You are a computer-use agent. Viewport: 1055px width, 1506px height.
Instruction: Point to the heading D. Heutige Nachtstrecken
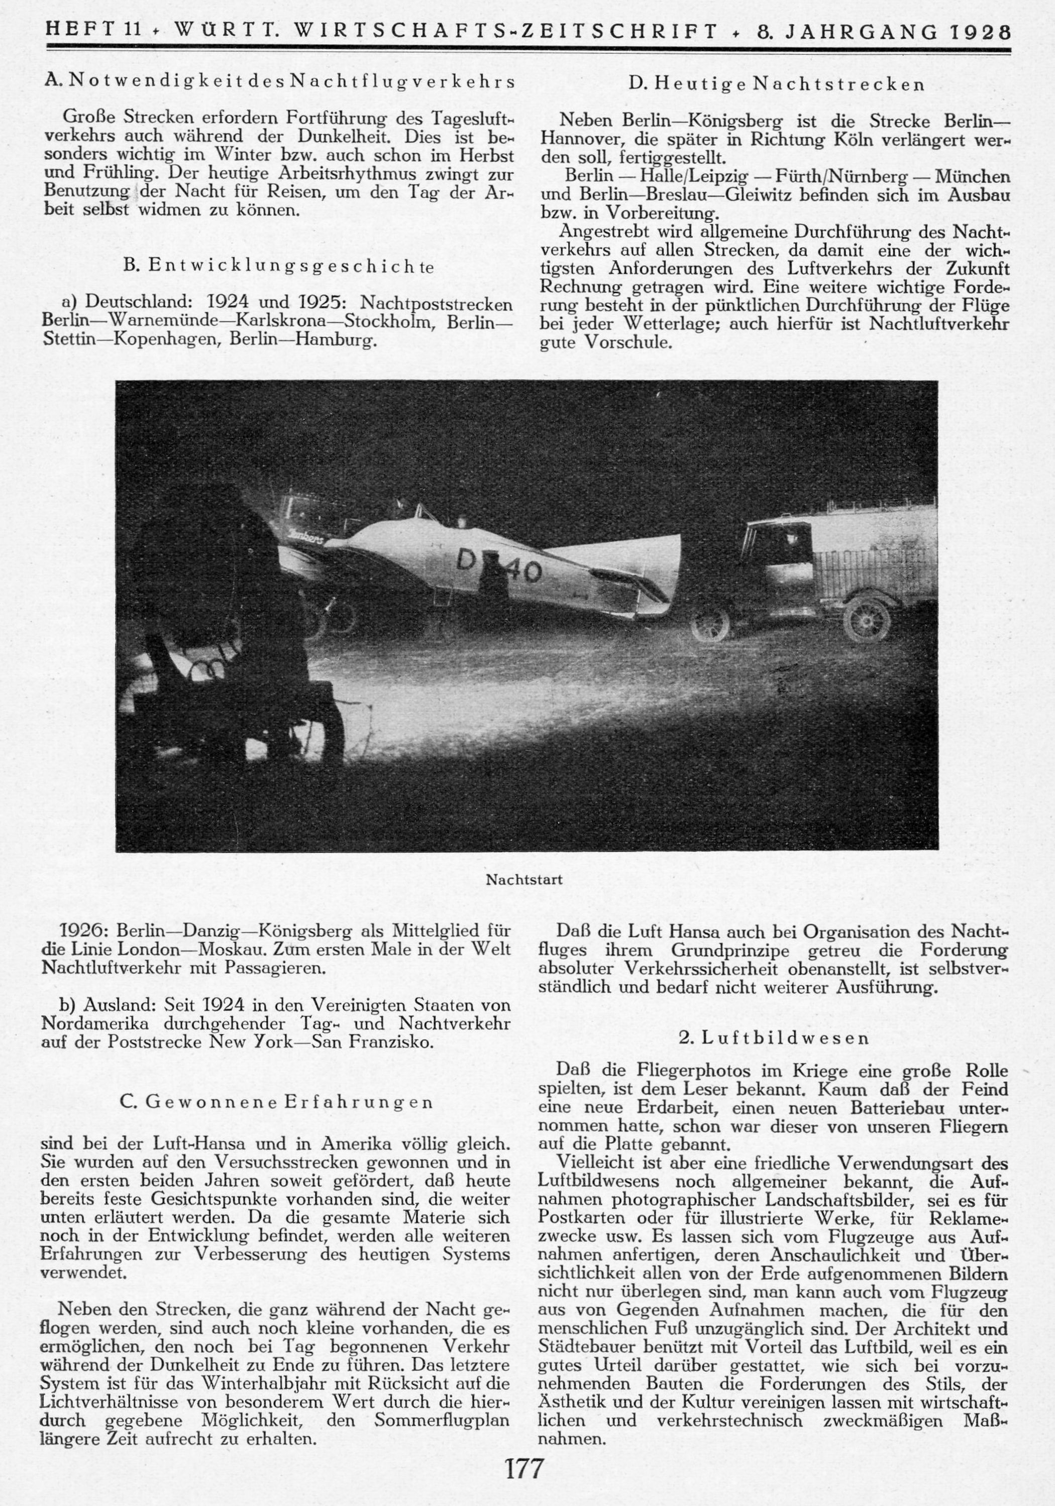[x=776, y=84]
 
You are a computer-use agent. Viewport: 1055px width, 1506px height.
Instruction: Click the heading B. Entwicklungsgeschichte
[x=278, y=266]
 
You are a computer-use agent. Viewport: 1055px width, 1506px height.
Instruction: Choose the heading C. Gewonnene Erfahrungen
[x=277, y=1102]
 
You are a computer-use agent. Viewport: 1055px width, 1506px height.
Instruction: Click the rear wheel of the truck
[x=867, y=617]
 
